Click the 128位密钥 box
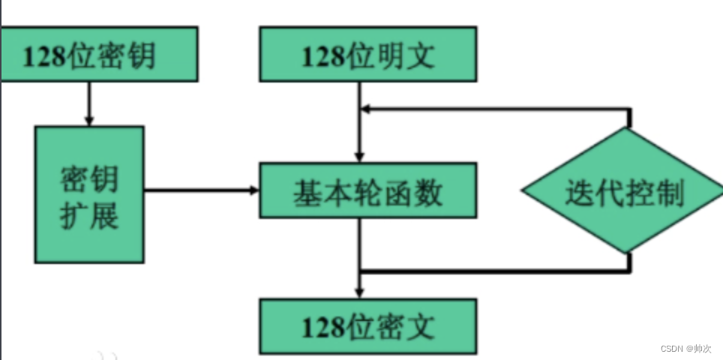(99, 54)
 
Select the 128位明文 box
(367, 54)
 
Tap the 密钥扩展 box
(89, 194)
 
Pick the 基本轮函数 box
(367, 191)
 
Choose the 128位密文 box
(367, 327)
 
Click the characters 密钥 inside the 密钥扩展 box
(89, 176)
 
